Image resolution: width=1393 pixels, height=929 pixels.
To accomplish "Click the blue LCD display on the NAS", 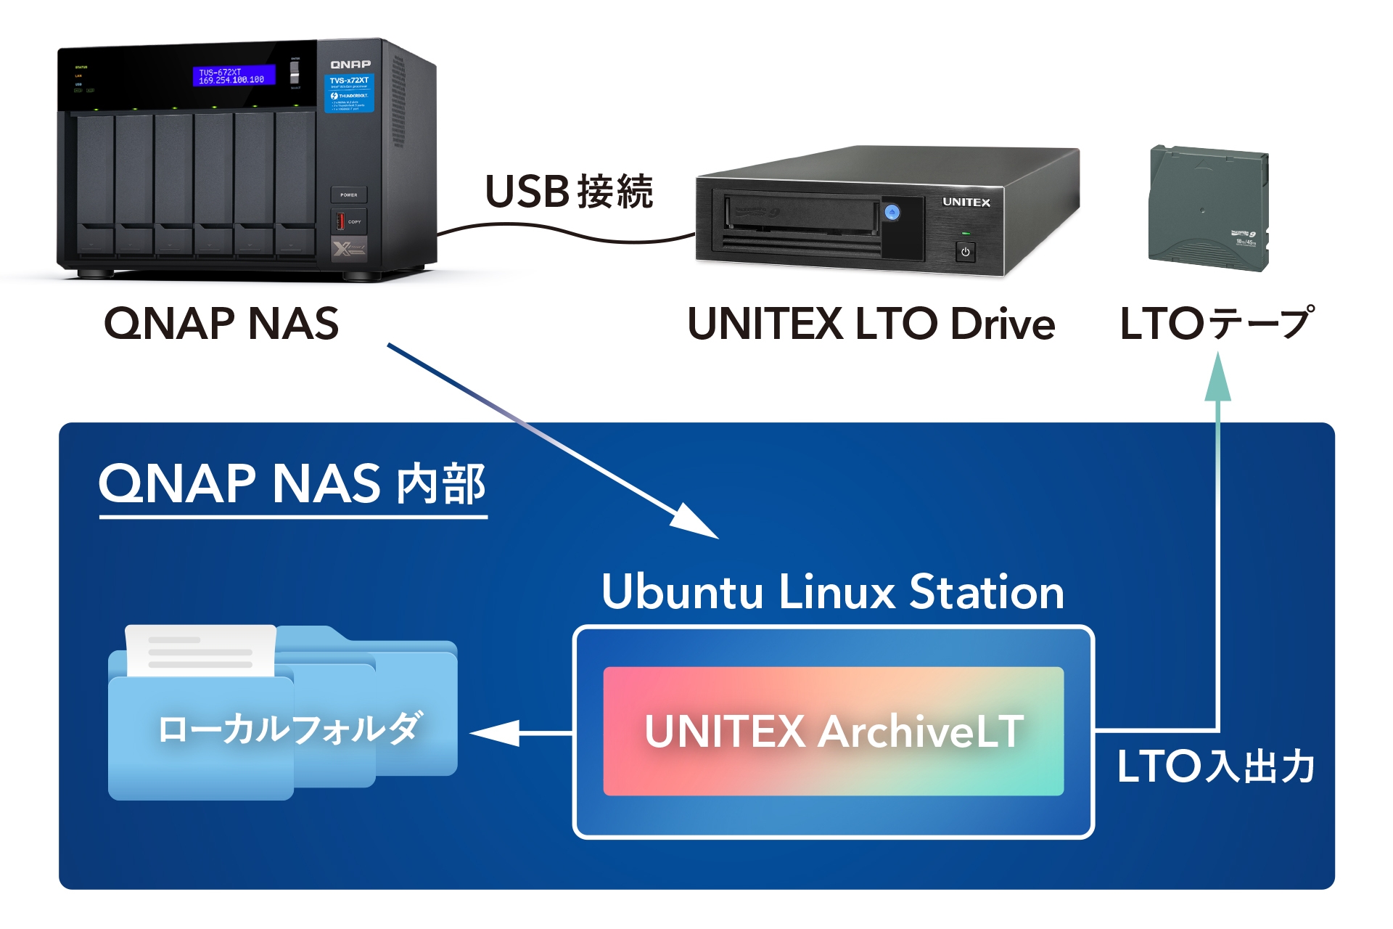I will coord(234,75).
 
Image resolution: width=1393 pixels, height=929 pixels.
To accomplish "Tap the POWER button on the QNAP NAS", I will coord(349,195).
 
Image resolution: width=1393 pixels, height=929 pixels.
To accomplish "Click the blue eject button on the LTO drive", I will coord(892,212).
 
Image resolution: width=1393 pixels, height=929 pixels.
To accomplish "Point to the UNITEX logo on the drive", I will coord(966,202).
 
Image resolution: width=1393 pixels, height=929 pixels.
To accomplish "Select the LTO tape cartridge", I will coord(1208,208).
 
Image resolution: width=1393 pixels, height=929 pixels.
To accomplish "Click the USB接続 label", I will coord(569,192).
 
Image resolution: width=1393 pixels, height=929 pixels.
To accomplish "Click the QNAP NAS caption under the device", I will coord(221,323).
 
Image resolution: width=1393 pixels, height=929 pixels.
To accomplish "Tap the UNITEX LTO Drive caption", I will coord(871,323).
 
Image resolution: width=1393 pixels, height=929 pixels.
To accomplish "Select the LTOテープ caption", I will coord(1217,323).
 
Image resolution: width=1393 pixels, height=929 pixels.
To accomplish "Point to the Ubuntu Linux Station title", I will coord(833,592).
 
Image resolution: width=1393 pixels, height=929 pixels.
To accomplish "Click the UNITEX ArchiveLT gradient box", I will coord(834,731).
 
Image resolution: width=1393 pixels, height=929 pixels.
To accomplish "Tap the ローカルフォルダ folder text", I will coord(289,728).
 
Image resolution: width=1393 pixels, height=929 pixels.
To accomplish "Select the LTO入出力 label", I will coord(1216,766).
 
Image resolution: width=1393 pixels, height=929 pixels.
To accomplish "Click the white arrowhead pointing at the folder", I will coord(497,733).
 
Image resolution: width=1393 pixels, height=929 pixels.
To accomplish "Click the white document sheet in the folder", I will coord(201,649).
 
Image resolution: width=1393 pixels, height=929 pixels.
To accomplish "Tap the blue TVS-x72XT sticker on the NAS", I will coord(349,92).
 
